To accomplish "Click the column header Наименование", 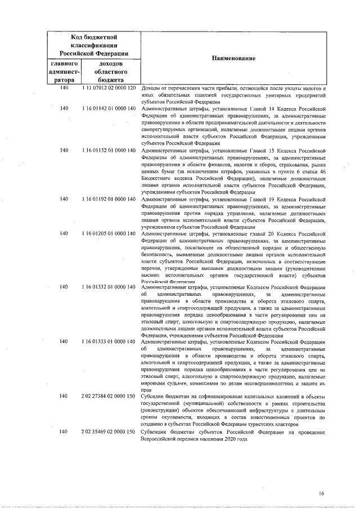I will point(234,58).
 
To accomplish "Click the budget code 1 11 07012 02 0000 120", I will point(110,89).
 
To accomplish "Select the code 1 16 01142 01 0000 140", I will point(110,108).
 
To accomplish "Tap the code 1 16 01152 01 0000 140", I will point(110,150).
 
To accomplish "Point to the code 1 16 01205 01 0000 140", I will point(110,233).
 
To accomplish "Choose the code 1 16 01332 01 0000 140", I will point(110,287).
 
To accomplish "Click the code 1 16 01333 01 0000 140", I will point(110,341).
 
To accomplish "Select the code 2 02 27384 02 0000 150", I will point(110,396).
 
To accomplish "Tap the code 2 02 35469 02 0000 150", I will point(110,431).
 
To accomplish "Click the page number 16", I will point(321,493).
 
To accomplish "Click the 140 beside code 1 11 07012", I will point(64,89).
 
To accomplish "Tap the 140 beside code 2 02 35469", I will point(64,431).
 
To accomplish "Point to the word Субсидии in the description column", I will point(154,396).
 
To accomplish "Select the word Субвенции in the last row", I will point(155,431).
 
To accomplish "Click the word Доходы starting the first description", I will point(151,89).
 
